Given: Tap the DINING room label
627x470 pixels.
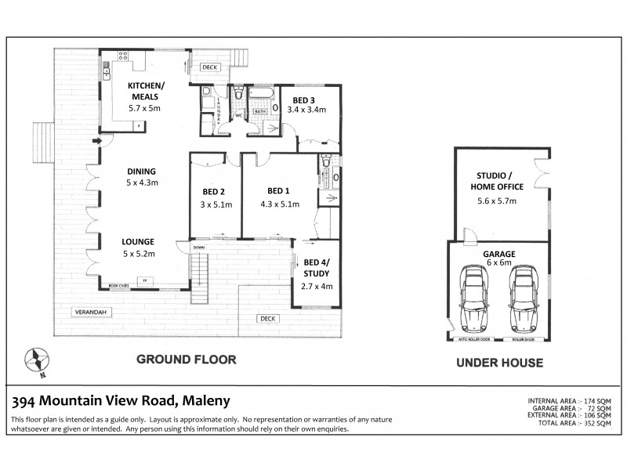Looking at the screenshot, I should click(x=142, y=171).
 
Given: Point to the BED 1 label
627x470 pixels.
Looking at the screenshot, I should click(x=278, y=190).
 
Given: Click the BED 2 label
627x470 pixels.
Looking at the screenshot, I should click(x=212, y=192).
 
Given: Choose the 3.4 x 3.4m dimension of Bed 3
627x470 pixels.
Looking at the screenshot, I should click(x=308, y=111).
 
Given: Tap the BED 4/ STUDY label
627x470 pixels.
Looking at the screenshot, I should click(x=317, y=267).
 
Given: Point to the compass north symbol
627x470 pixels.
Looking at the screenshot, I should click(x=38, y=360).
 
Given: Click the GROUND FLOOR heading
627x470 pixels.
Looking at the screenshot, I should click(x=186, y=360).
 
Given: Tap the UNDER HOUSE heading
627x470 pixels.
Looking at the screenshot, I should click(x=500, y=363).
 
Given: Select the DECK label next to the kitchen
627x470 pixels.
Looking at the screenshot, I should click(x=208, y=68).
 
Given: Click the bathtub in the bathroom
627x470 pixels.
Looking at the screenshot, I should click(x=261, y=96).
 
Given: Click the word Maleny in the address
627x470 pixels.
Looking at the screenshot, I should click(x=206, y=401).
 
